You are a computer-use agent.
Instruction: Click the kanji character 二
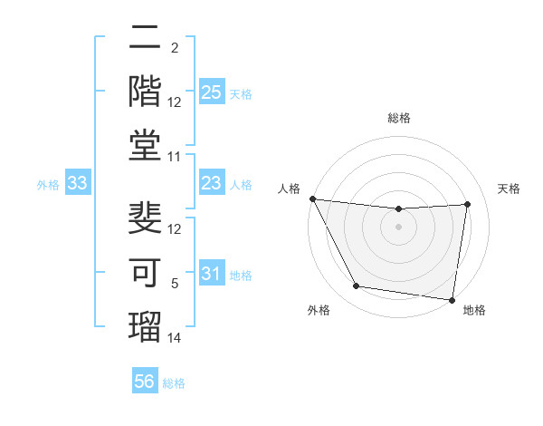[146, 37]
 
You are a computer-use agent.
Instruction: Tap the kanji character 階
[146, 88]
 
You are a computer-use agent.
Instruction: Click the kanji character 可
[146, 270]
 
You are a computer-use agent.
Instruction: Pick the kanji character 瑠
[146, 323]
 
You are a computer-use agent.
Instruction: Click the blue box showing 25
[211, 92]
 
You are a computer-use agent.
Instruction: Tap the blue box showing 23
[211, 184]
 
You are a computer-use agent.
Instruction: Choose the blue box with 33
[78, 184]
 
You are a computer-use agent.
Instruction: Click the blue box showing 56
[144, 382]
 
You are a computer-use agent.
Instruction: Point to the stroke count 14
[175, 338]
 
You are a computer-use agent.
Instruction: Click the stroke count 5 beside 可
[175, 284]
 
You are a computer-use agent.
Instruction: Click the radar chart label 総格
[399, 118]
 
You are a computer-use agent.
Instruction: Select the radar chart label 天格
[510, 189]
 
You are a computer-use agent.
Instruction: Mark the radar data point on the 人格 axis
[313, 198]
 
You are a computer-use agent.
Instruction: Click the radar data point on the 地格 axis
[452, 299]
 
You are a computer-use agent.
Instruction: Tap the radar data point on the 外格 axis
[356, 286]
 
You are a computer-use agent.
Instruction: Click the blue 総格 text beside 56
[174, 383]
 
